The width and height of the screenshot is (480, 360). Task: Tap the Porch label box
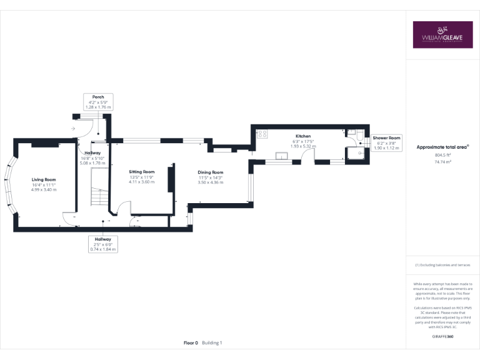pyautogui.click(x=98, y=102)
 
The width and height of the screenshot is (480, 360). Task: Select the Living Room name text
pyautogui.click(x=44, y=179)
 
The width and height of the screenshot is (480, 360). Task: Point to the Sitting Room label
pyautogui.click(x=141, y=171)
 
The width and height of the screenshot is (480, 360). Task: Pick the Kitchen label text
pyautogui.click(x=303, y=136)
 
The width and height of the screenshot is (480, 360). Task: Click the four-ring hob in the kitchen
pyautogui.click(x=262, y=133)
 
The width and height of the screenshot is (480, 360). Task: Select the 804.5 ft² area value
pyautogui.click(x=442, y=155)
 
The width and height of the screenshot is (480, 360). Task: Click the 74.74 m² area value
pyautogui.click(x=442, y=161)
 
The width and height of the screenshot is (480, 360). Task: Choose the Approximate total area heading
pyautogui.click(x=442, y=147)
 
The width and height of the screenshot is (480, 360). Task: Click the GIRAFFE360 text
pyautogui.click(x=442, y=336)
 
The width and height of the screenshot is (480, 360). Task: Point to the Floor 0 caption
pyautogui.click(x=191, y=342)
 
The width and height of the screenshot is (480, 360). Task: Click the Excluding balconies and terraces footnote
pyautogui.click(x=442, y=265)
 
